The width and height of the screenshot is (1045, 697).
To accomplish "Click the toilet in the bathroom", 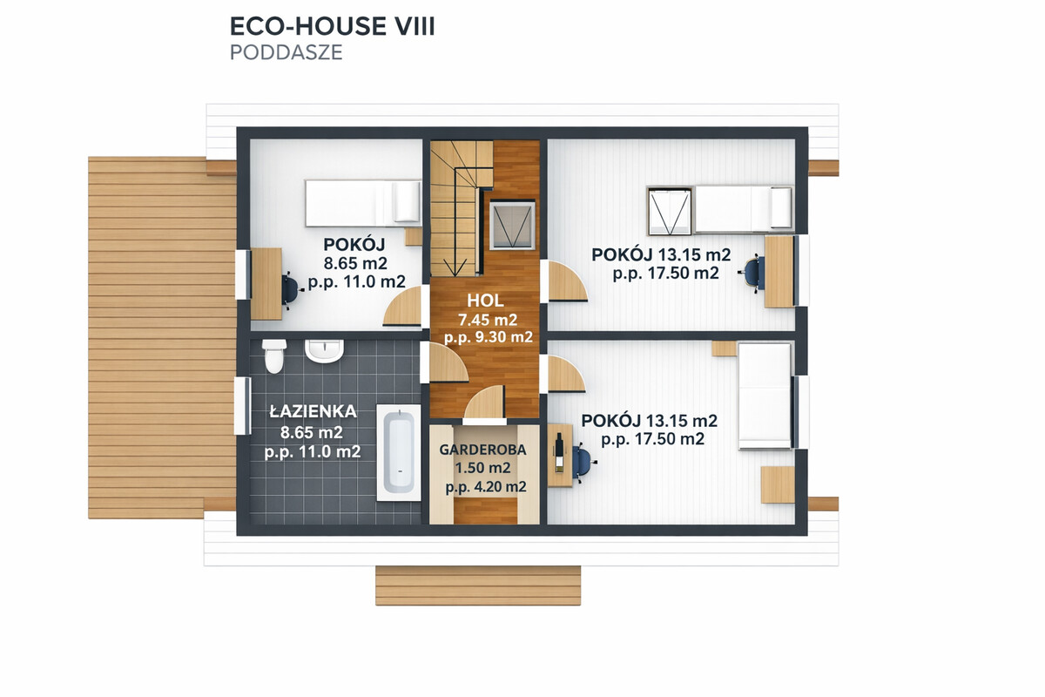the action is (273, 356).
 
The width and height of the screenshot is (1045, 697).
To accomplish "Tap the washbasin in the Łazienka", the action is (324, 350).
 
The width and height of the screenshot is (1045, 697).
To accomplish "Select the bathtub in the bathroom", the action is (399, 453).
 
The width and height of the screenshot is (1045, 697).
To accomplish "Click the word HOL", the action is (485, 301).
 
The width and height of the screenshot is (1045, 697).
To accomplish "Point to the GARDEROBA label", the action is (482, 450).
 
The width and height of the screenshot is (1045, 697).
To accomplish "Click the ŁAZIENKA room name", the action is (313, 411).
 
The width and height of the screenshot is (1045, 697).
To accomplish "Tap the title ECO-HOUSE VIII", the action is (332, 26).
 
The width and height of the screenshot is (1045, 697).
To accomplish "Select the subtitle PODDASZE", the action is (287, 52).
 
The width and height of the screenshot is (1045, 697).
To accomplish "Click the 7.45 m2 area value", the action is (488, 320).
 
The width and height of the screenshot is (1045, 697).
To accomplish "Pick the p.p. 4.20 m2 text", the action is (486, 487).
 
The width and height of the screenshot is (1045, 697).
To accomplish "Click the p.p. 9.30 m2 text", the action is (488, 337).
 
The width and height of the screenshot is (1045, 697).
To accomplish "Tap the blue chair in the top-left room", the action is (290, 290).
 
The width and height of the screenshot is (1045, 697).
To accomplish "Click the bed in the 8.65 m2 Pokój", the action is (363, 204).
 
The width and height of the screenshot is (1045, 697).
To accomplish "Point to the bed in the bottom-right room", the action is (765, 396).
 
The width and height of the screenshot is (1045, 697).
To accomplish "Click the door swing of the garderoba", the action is (485, 403).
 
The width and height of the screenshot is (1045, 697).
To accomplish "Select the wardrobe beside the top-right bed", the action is (670, 211).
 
